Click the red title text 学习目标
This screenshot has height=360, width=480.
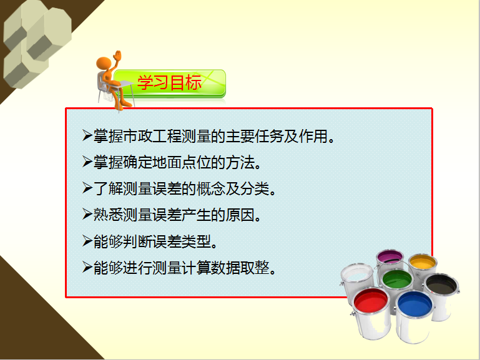click(x=169, y=82)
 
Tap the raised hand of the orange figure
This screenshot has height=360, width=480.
click(x=117, y=56)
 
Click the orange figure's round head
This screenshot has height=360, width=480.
click(x=104, y=63)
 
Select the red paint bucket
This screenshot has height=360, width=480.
click(x=371, y=313)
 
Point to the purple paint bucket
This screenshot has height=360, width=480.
click(x=390, y=260)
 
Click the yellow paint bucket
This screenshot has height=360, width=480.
click(x=423, y=266)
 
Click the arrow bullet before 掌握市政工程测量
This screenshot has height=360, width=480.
click(x=87, y=135)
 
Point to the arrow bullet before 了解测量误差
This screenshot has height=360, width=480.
click(x=87, y=188)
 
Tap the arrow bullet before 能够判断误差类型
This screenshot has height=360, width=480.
click(x=87, y=241)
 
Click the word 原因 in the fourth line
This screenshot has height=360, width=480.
click(x=240, y=215)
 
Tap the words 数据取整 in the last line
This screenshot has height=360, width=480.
click(x=240, y=268)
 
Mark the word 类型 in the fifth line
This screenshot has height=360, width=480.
click(x=196, y=241)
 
